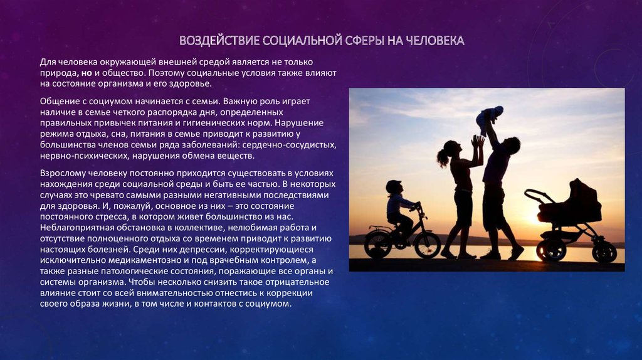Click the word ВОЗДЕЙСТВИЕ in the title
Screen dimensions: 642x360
pos(219,41)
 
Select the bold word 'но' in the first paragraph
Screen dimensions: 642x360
pos(87,73)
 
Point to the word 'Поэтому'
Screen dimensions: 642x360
pos(165,73)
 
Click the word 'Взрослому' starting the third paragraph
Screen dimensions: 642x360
pos(61,173)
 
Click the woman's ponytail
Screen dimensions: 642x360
pos(442,157)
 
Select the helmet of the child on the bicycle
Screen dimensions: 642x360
pos(394,186)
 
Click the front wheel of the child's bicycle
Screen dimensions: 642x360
pos(428,245)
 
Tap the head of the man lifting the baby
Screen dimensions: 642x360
pos(510,146)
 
